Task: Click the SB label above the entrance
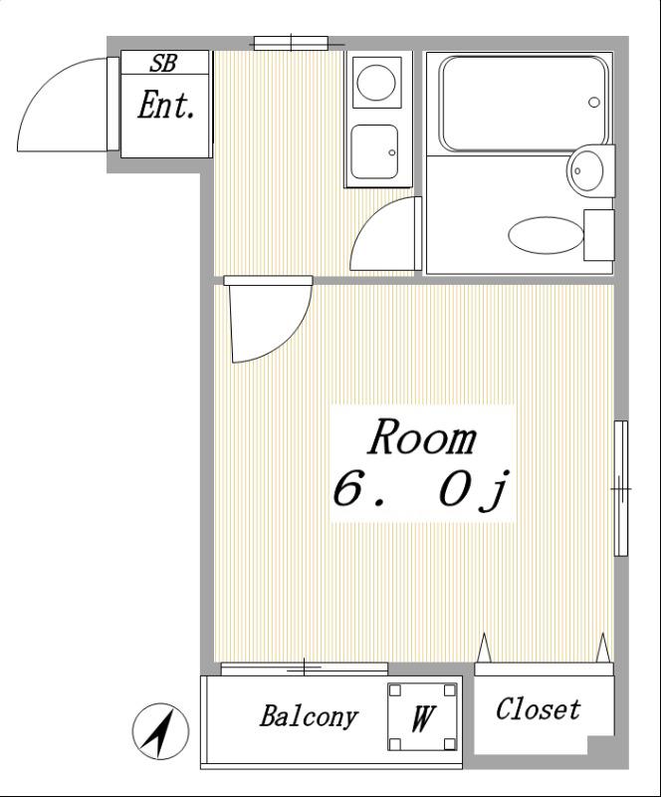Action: (x=163, y=63)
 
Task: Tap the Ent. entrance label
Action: (x=166, y=106)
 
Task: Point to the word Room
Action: (x=421, y=438)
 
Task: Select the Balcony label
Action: (x=309, y=717)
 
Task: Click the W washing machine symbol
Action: (x=422, y=717)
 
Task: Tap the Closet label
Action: (x=538, y=708)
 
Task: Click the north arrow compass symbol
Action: (x=160, y=732)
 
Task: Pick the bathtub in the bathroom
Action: (x=526, y=104)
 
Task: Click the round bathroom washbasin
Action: (x=585, y=168)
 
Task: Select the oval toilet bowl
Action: (x=546, y=235)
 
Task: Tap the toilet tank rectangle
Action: (x=599, y=235)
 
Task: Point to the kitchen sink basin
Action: (x=374, y=152)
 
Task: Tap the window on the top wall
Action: (x=291, y=44)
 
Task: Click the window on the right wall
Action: (x=621, y=488)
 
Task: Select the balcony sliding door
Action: (x=305, y=668)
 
